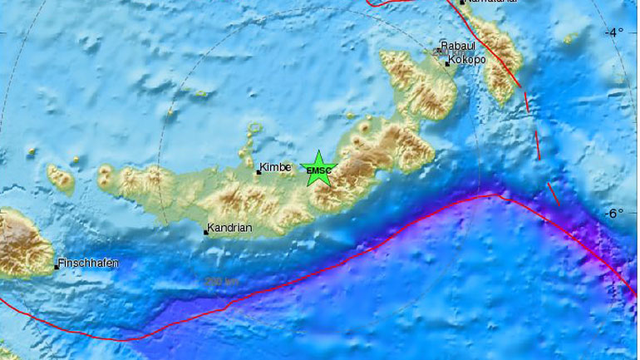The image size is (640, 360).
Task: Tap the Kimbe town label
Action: point(275,167)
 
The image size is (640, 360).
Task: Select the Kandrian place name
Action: point(230,227)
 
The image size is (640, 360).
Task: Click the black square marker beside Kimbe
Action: point(258,172)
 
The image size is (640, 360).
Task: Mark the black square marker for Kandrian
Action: point(206,232)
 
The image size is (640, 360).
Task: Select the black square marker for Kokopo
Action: point(446,63)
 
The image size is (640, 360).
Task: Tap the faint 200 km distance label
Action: point(220,282)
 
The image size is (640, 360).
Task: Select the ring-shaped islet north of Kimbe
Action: point(254,128)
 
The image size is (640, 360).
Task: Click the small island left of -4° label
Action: point(570,37)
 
